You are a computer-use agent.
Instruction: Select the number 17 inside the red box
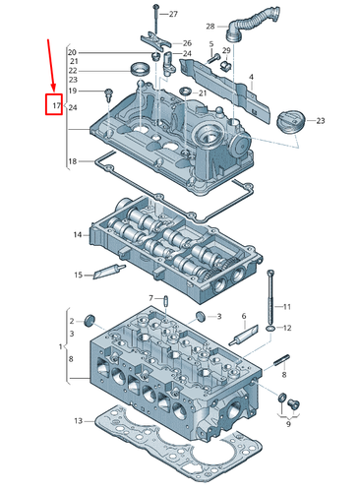click(56, 104)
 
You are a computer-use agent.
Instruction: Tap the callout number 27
click(173, 14)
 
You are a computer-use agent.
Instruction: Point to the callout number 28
click(210, 26)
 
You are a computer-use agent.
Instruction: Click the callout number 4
click(251, 77)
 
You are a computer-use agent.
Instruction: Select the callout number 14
click(77, 234)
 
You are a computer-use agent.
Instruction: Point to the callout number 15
click(78, 275)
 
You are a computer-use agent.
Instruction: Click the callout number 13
click(77, 420)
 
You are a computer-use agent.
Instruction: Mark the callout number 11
click(288, 306)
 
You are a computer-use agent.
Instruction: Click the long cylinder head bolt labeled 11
click(269, 292)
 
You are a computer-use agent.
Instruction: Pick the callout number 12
click(288, 328)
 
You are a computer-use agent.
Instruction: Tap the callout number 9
click(287, 424)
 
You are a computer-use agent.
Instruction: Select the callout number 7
click(151, 298)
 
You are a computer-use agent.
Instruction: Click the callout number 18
click(72, 161)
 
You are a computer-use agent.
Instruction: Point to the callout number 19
click(72, 92)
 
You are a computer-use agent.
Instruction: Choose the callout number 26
click(187, 43)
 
